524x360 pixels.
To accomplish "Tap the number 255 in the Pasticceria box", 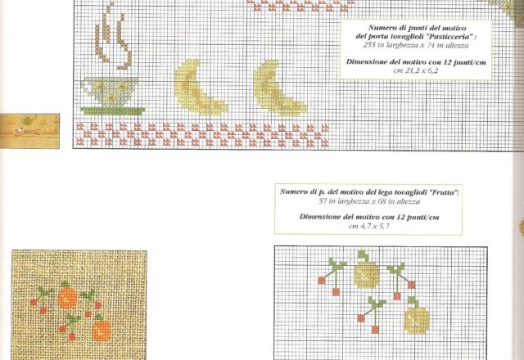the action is [x=369, y=45].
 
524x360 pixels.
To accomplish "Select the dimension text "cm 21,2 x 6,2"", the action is [x=416, y=70].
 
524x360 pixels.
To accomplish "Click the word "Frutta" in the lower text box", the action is [x=443, y=192].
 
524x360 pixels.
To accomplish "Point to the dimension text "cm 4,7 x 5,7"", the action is [x=368, y=226].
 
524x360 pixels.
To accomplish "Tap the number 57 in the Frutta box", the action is [x=322, y=201].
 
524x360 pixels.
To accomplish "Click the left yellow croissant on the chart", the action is [x=200, y=88].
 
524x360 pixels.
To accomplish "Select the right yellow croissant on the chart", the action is [x=278, y=88].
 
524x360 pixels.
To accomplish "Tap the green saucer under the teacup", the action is [x=113, y=111].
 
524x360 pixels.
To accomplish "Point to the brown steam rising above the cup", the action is [x=112, y=37].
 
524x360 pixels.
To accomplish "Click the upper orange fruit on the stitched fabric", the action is [x=68, y=298].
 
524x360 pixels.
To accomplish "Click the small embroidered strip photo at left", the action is [x=29, y=131].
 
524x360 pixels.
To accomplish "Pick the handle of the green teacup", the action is [x=87, y=88].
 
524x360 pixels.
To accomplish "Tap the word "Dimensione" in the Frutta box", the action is [x=320, y=217].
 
